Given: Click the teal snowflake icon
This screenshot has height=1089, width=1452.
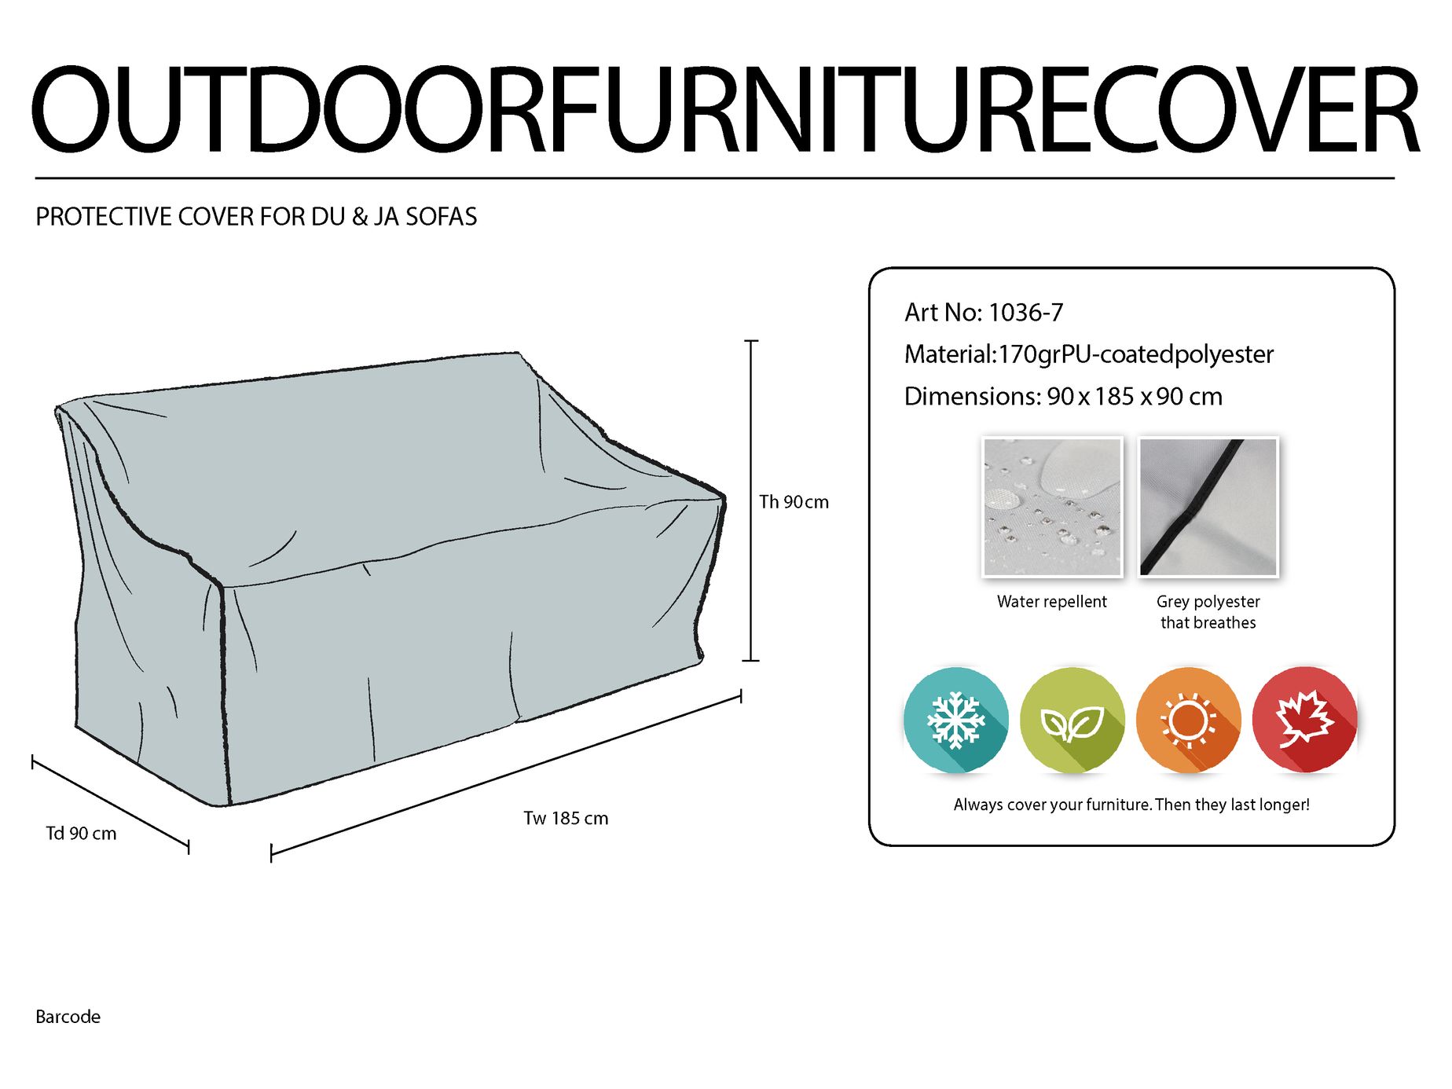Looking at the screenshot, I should click(955, 720).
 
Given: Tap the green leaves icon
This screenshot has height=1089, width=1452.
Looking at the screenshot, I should click(1072, 720).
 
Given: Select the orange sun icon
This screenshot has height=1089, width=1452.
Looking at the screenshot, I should click(1188, 720).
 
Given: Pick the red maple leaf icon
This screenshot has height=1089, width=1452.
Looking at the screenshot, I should click(1304, 720).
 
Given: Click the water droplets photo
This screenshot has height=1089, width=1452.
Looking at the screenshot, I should click(1052, 507).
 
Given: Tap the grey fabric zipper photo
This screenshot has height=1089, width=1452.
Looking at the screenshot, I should click(1208, 507).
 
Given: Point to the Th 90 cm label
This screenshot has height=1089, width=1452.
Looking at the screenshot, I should click(794, 502).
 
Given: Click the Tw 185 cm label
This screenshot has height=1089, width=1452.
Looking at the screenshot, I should click(566, 818).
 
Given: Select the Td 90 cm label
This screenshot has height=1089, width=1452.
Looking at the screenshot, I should click(81, 834).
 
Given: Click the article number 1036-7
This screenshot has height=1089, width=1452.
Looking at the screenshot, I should click(1025, 313).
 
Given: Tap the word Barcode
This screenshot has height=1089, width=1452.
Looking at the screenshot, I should click(68, 1017).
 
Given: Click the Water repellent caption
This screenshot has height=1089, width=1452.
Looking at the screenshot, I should click(1051, 602).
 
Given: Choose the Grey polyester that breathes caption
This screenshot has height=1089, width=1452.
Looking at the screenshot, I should click(1208, 612).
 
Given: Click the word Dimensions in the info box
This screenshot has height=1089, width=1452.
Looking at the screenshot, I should click(972, 397).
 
